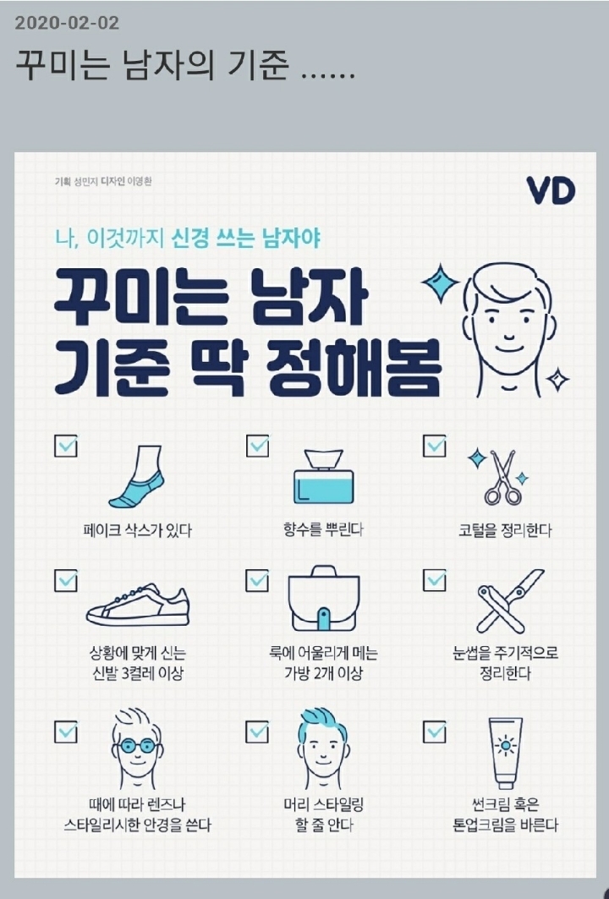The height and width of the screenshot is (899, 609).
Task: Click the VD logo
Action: coord(550,190)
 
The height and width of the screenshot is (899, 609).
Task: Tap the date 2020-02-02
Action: coord(67,22)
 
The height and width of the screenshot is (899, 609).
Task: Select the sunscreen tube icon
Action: coord(505,753)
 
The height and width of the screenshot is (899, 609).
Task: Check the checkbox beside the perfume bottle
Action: coord(257,445)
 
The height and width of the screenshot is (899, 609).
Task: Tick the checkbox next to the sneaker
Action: coord(66,580)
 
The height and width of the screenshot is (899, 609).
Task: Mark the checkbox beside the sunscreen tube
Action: coord(434,730)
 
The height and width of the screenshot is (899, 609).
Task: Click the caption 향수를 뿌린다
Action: coord(322,530)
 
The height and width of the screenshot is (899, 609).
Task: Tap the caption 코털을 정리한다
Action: coord(505,531)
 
